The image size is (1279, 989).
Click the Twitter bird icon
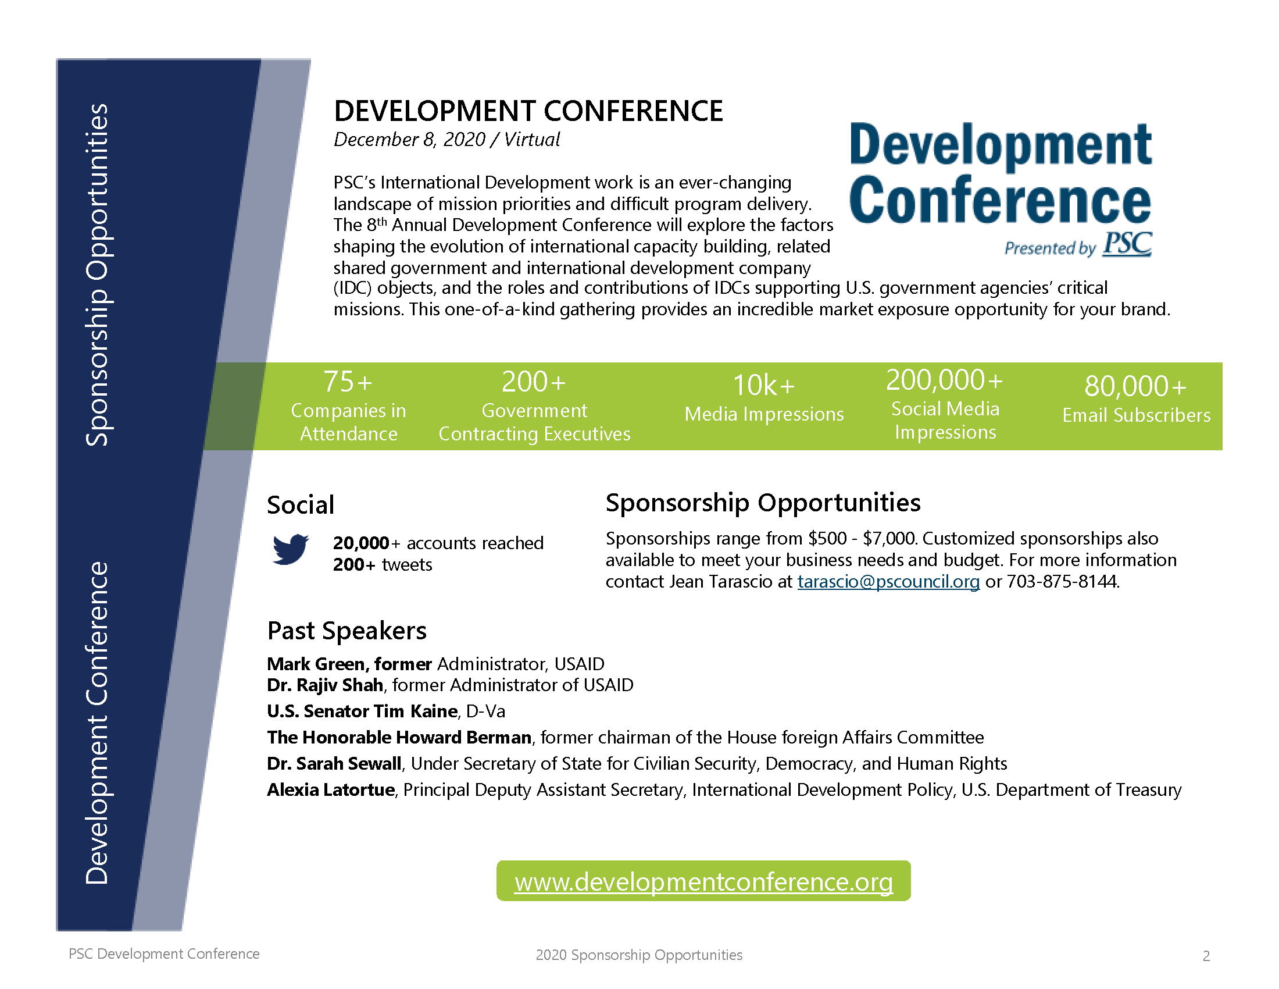tap(291, 549)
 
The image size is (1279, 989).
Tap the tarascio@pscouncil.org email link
tap(888, 581)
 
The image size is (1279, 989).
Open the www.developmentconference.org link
tap(703, 882)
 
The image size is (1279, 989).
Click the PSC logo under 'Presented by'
tap(1127, 244)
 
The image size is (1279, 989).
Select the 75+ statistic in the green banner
tap(348, 382)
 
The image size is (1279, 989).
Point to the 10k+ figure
tap(764, 386)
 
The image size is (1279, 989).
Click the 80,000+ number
tap(1135, 386)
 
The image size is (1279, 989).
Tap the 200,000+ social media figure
tap(945, 380)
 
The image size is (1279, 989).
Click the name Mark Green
tap(316, 664)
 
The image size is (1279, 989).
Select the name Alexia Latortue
tap(331, 790)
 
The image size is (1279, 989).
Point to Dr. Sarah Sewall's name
tap(334, 763)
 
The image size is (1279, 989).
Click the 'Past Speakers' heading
tap(346, 631)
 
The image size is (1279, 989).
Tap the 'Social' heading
tap(301, 505)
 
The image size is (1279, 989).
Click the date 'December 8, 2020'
tap(409, 140)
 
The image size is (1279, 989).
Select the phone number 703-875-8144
tap(1062, 581)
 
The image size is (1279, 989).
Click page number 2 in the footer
tap(1206, 956)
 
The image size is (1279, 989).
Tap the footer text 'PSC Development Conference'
tap(164, 954)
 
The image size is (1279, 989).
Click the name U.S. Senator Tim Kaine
tap(363, 711)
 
